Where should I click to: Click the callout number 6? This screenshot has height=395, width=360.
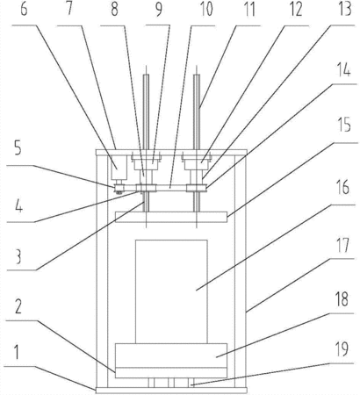(25, 9)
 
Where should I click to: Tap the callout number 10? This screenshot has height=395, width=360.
(206, 9)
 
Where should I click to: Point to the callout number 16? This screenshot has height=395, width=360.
(342, 188)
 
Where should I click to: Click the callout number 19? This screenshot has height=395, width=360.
(342, 349)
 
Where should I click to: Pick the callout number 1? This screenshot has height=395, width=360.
(17, 352)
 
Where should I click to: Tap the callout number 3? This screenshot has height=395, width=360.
(18, 257)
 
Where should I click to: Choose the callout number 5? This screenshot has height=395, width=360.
(18, 149)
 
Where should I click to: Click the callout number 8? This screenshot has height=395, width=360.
(114, 9)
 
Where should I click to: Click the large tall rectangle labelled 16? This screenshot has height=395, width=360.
(171, 291)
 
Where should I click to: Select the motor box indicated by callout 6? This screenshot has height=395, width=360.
(119, 167)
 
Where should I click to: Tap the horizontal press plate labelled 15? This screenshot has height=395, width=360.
(171, 217)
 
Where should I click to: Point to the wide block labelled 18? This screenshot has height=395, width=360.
(171, 355)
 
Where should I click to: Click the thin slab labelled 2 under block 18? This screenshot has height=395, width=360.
(171, 372)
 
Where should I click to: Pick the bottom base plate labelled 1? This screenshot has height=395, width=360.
(171, 390)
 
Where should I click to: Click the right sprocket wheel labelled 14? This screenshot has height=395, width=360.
(197, 188)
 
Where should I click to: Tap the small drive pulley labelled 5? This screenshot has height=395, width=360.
(119, 188)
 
